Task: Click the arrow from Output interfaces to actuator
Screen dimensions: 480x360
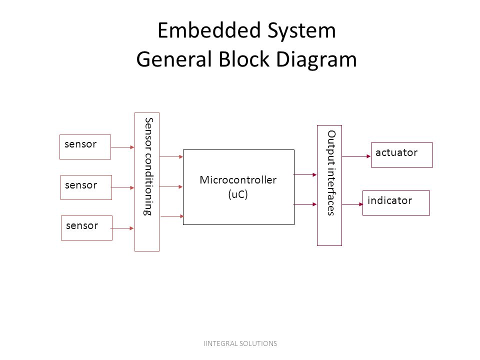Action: pyautogui.click(x=356, y=156)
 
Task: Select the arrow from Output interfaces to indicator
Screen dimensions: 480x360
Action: pyautogui.click(x=352, y=204)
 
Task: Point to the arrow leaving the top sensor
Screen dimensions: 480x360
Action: pyautogui.click(x=123, y=147)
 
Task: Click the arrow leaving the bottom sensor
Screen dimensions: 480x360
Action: pyautogui.click(x=122, y=228)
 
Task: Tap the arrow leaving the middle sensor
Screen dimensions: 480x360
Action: pyautogui.click(x=123, y=187)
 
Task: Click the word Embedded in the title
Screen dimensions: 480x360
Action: pyautogui.click(x=209, y=30)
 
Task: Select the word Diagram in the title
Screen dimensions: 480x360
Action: pyautogui.click(x=316, y=59)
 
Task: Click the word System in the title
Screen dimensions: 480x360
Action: pyautogui.click(x=302, y=31)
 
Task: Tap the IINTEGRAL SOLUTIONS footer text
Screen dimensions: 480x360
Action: pyautogui.click(x=240, y=343)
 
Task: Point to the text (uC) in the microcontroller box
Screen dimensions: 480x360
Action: pyautogui.click(x=238, y=194)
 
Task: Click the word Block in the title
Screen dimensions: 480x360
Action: pyautogui.click(x=244, y=59)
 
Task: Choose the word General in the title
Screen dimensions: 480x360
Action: pyautogui.click(x=174, y=59)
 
